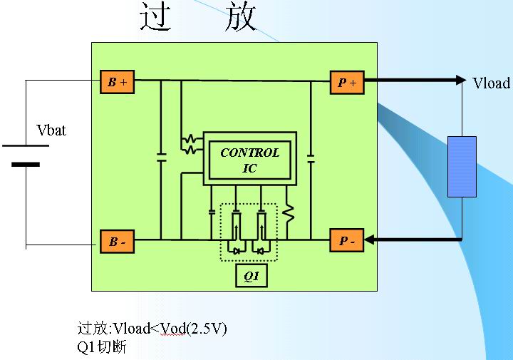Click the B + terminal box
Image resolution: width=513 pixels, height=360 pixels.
point(117,83)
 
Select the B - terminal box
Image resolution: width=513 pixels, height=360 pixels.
point(117,242)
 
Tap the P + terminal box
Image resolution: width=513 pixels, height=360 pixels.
point(347,83)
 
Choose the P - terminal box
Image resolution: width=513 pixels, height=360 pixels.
point(347,242)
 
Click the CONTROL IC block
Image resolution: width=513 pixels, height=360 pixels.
point(249,160)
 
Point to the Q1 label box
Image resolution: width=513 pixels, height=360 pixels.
point(252,276)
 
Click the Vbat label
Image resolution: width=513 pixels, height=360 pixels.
point(51,130)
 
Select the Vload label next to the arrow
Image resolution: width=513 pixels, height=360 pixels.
point(491,83)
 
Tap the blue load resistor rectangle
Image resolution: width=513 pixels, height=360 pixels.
point(462,166)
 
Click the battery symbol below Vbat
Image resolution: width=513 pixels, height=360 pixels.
point(26,155)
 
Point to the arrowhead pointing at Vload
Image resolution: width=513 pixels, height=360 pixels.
point(459,80)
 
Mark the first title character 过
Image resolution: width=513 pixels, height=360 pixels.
point(156,18)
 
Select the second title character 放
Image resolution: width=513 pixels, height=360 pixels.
point(239,18)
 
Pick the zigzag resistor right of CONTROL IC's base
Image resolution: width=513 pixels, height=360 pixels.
point(289,213)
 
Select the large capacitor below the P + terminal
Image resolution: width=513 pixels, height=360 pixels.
point(311,158)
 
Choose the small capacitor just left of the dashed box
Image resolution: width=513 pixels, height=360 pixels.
point(212,212)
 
